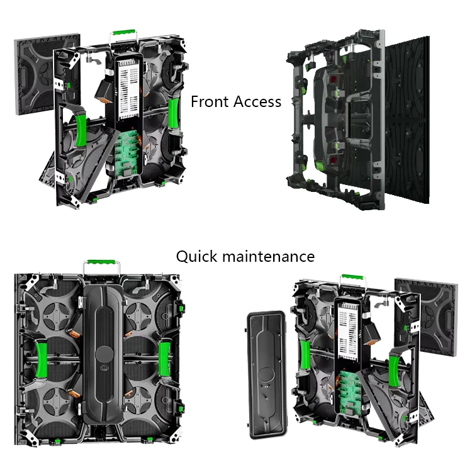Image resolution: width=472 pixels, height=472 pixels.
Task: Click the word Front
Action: pyautogui.click(x=211, y=102)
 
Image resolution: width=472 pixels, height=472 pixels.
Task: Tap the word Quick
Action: pyautogui.click(x=196, y=257)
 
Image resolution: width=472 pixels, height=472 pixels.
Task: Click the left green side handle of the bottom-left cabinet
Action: pyautogui.click(x=43, y=359)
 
